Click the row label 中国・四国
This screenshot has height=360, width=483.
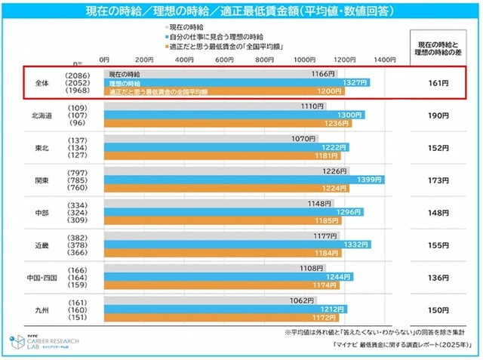coord(42,278)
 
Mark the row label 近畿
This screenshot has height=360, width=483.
coord(42,245)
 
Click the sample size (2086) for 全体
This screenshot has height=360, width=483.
coord(78,75)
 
